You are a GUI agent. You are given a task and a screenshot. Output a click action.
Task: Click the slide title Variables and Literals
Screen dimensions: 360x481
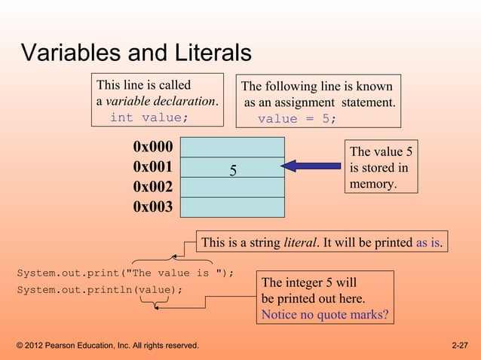[136, 53]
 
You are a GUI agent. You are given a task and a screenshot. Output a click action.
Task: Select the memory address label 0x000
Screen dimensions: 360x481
[152, 146]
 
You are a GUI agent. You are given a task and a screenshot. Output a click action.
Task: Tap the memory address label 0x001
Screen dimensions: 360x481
[152, 166]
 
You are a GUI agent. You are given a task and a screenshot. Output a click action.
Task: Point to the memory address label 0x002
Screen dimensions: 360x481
[152, 187]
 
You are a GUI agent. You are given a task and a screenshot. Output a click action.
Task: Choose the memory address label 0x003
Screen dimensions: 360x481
[152, 207]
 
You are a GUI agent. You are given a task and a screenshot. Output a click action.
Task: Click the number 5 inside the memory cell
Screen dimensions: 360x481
[233, 172]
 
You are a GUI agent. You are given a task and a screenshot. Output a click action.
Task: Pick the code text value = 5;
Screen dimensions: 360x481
[297, 119]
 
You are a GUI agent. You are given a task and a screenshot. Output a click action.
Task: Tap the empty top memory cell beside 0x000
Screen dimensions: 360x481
[233, 147]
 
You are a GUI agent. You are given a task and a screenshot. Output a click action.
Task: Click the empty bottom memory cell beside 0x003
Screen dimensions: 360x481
[233, 207]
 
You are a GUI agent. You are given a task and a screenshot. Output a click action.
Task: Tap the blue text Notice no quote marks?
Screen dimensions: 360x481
[325, 315]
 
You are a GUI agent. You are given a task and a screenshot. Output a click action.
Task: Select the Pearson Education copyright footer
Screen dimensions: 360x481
[107, 346]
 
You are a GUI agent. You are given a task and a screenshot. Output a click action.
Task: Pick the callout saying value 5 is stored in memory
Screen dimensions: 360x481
[381, 168]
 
